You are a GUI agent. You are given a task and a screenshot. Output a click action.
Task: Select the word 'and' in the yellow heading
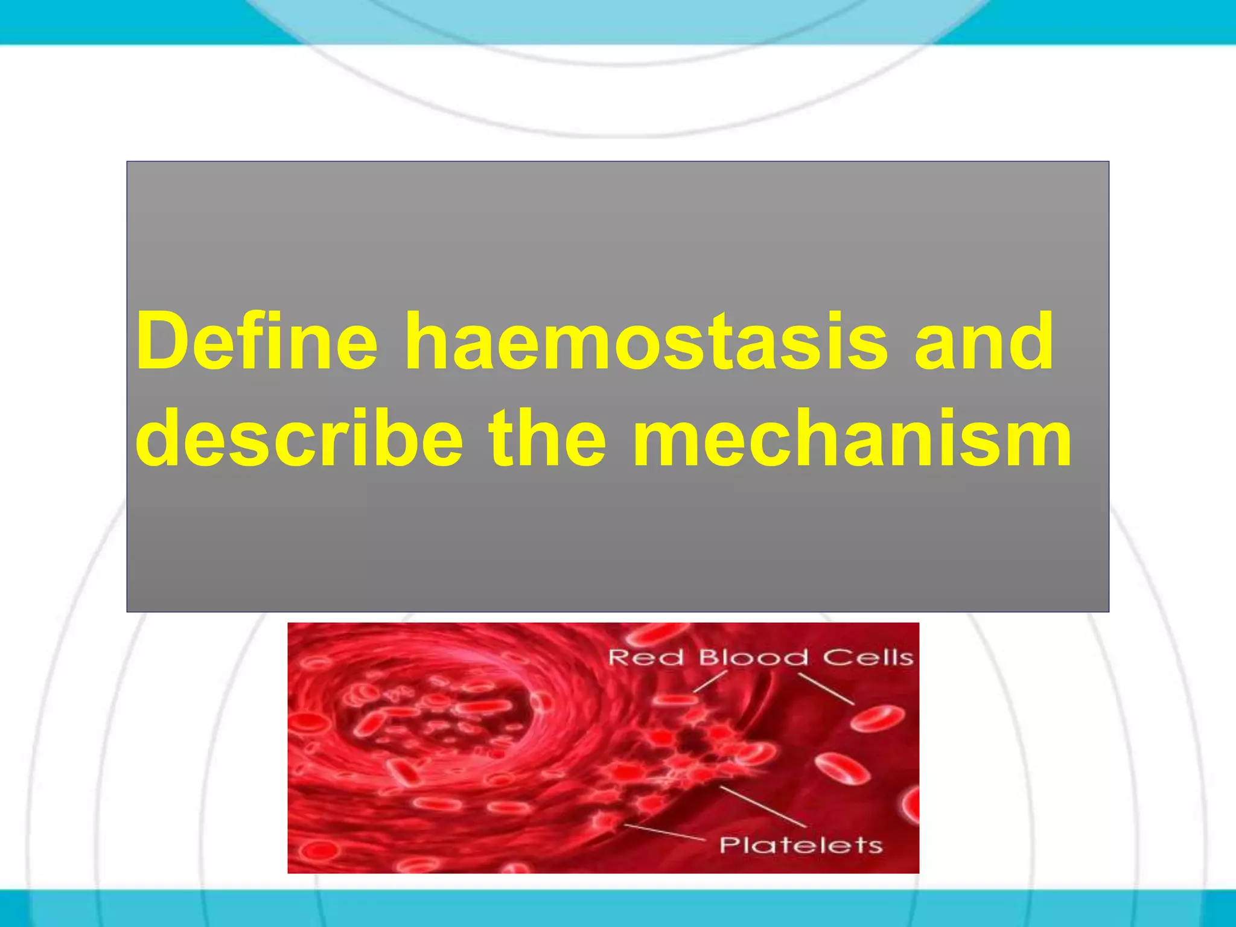point(984,342)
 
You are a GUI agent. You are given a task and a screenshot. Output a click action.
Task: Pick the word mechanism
point(851,438)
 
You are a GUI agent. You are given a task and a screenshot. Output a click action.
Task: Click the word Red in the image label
point(645,657)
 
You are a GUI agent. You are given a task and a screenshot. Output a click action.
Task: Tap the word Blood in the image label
point(753,657)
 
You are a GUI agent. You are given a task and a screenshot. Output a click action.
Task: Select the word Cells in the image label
point(868,657)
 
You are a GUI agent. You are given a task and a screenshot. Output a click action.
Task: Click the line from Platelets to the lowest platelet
point(664,832)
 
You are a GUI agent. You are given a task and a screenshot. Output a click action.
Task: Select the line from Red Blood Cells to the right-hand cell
point(826,689)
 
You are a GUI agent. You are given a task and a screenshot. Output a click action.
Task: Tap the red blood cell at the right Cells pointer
point(877,719)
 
